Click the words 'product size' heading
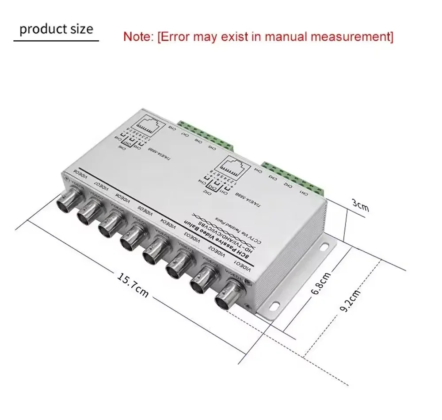click(57, 29)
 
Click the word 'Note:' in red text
click(138, 37)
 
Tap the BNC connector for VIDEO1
click(229, 295)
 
